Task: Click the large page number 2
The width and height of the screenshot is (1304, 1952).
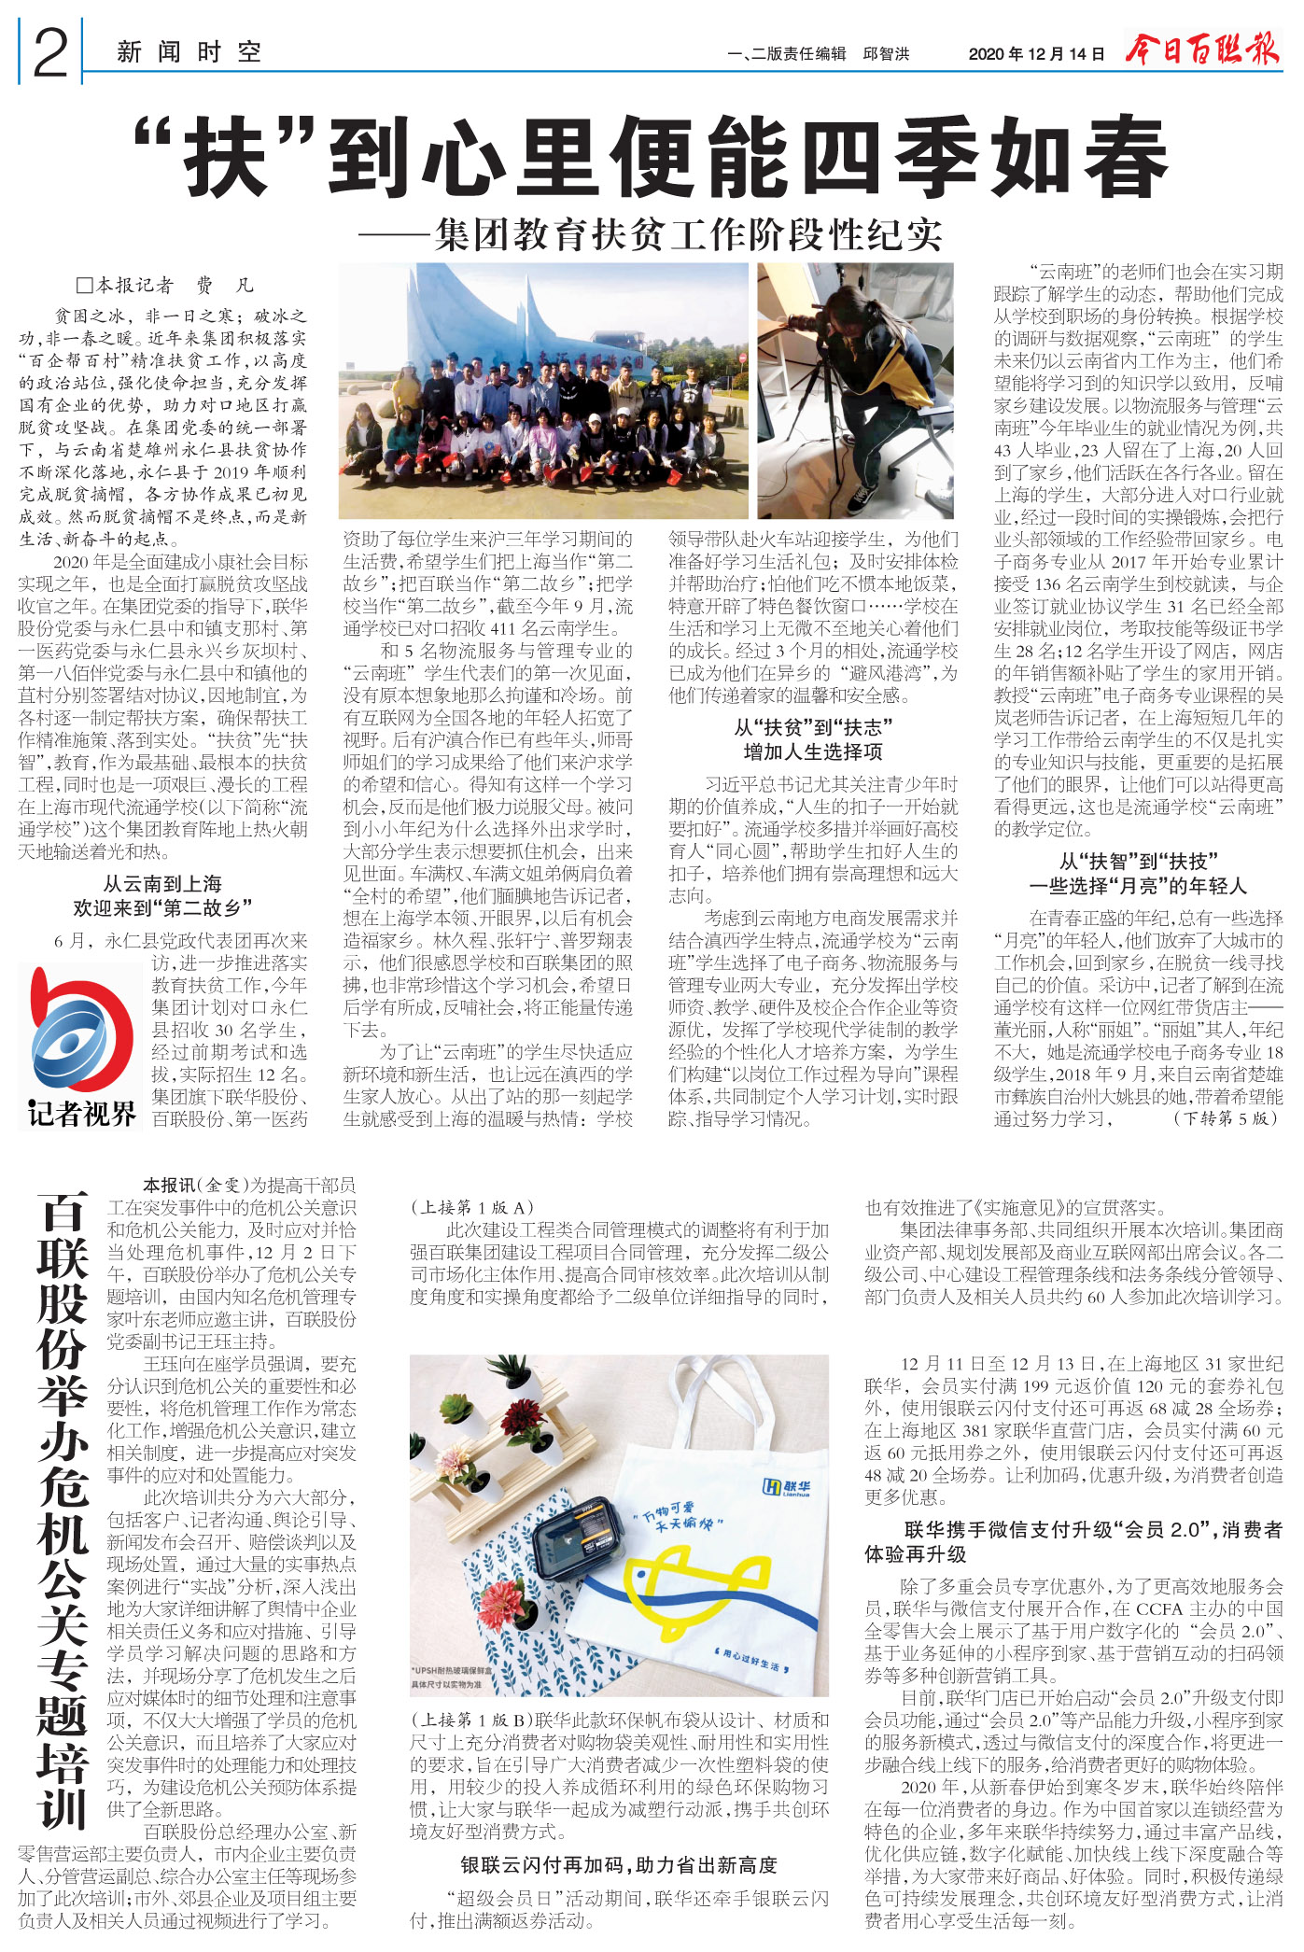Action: [x=50, y=53]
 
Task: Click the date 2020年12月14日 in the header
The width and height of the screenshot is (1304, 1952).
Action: [x=1036, y=54]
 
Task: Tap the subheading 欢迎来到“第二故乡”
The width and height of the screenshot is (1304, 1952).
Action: [x=162, y=908]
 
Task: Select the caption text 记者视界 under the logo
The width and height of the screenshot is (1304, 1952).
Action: [x=81, y=1114]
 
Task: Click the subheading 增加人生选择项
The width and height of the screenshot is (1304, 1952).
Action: [x=812, y=752]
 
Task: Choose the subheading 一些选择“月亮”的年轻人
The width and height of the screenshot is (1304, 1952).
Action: [x=1137, y=886]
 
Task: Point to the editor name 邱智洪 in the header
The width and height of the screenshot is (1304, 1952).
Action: [x=886, y=54]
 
